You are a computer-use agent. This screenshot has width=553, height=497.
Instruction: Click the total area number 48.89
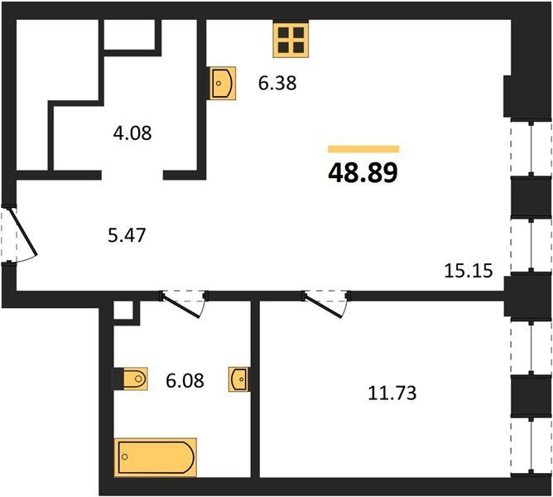(x=363, y=173)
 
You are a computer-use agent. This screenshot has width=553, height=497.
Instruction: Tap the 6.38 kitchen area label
(x=277, y=84)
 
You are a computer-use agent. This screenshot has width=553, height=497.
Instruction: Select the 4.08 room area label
(x=132, y=133)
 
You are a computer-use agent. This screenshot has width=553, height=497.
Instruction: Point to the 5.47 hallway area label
(x=127, y=235)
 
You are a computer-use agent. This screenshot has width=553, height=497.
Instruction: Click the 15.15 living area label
(x=468, y=271)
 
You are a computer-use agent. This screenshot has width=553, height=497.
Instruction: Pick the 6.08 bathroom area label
(x=185, y=381)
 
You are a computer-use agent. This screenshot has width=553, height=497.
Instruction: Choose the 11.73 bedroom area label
(x=392, y=393)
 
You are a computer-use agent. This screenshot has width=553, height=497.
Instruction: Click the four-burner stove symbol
(x=291, y=39)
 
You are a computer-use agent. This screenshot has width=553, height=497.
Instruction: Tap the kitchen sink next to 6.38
(x=223, y=84)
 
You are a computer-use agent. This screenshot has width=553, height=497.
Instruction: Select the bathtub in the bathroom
(x=155, y=457)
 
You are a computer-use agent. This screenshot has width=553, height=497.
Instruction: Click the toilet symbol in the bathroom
(x=136, y=379)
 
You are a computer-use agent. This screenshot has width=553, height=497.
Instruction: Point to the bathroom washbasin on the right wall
(x=238, y=379)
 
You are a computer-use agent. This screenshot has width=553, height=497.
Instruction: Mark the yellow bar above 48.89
(x=363, y=149)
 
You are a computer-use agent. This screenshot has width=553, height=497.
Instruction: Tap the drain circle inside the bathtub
(x=124, y=456)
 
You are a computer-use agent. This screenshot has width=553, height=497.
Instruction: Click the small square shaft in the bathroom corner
(x=123, y=311)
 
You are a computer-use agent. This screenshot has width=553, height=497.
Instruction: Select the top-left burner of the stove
(x=283, y=32)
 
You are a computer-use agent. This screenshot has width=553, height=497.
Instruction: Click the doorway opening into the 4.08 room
(x=132, y=175)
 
